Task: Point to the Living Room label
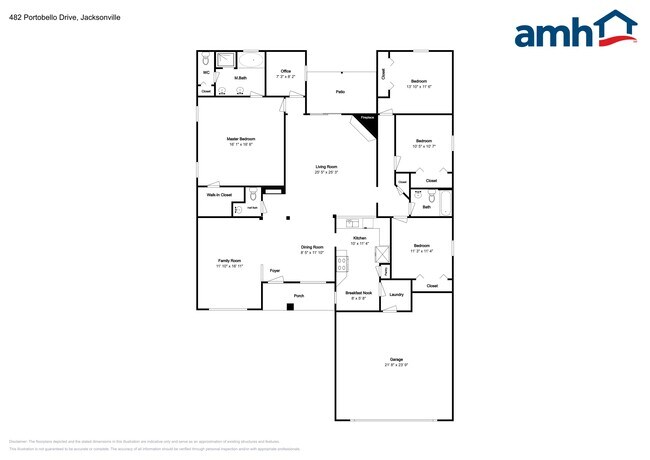coord(326,168)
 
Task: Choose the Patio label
coord(340,92)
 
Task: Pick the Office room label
coord(285,72)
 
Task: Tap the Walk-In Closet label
coord(219,195)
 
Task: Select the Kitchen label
coord(359,239)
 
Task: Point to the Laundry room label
coord(396,294)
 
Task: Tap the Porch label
coord(298,297)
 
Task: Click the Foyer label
coord(274,271)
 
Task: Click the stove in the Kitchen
coord(343,264)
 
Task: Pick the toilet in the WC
coord(206,59)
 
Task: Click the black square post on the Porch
coord(289,305)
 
